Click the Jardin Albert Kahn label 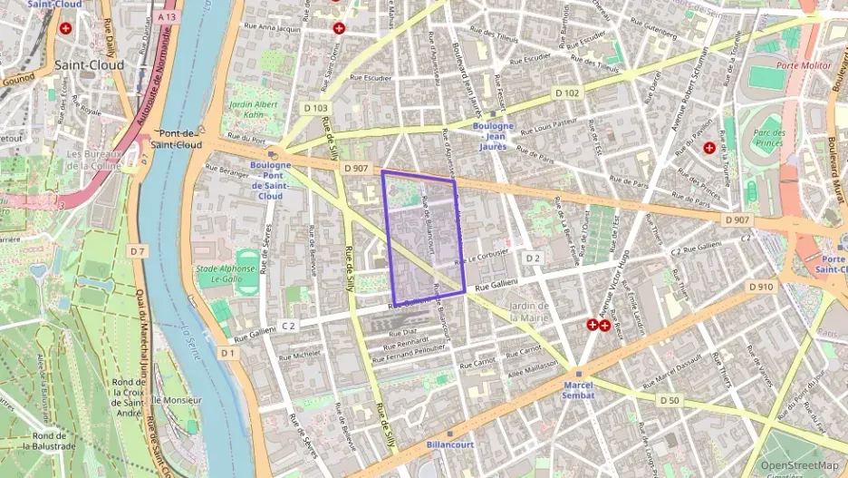246,109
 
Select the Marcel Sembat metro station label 577,389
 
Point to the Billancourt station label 450,445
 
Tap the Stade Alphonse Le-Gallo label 221,275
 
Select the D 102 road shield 567,93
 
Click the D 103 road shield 315,108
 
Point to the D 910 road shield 761,287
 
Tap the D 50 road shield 669,400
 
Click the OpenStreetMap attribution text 798,465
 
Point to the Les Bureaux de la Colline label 88,160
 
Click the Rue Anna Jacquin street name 272,28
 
